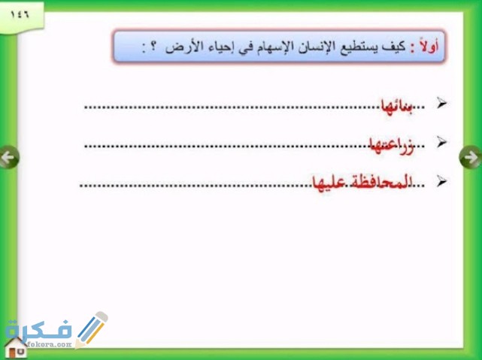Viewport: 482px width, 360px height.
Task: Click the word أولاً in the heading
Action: tap(430, 47)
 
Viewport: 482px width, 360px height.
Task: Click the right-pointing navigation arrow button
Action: tap(469, 157)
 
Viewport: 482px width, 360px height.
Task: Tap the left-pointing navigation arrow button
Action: tap(9, 157)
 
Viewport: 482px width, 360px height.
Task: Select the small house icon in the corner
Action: tap(15, 347)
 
